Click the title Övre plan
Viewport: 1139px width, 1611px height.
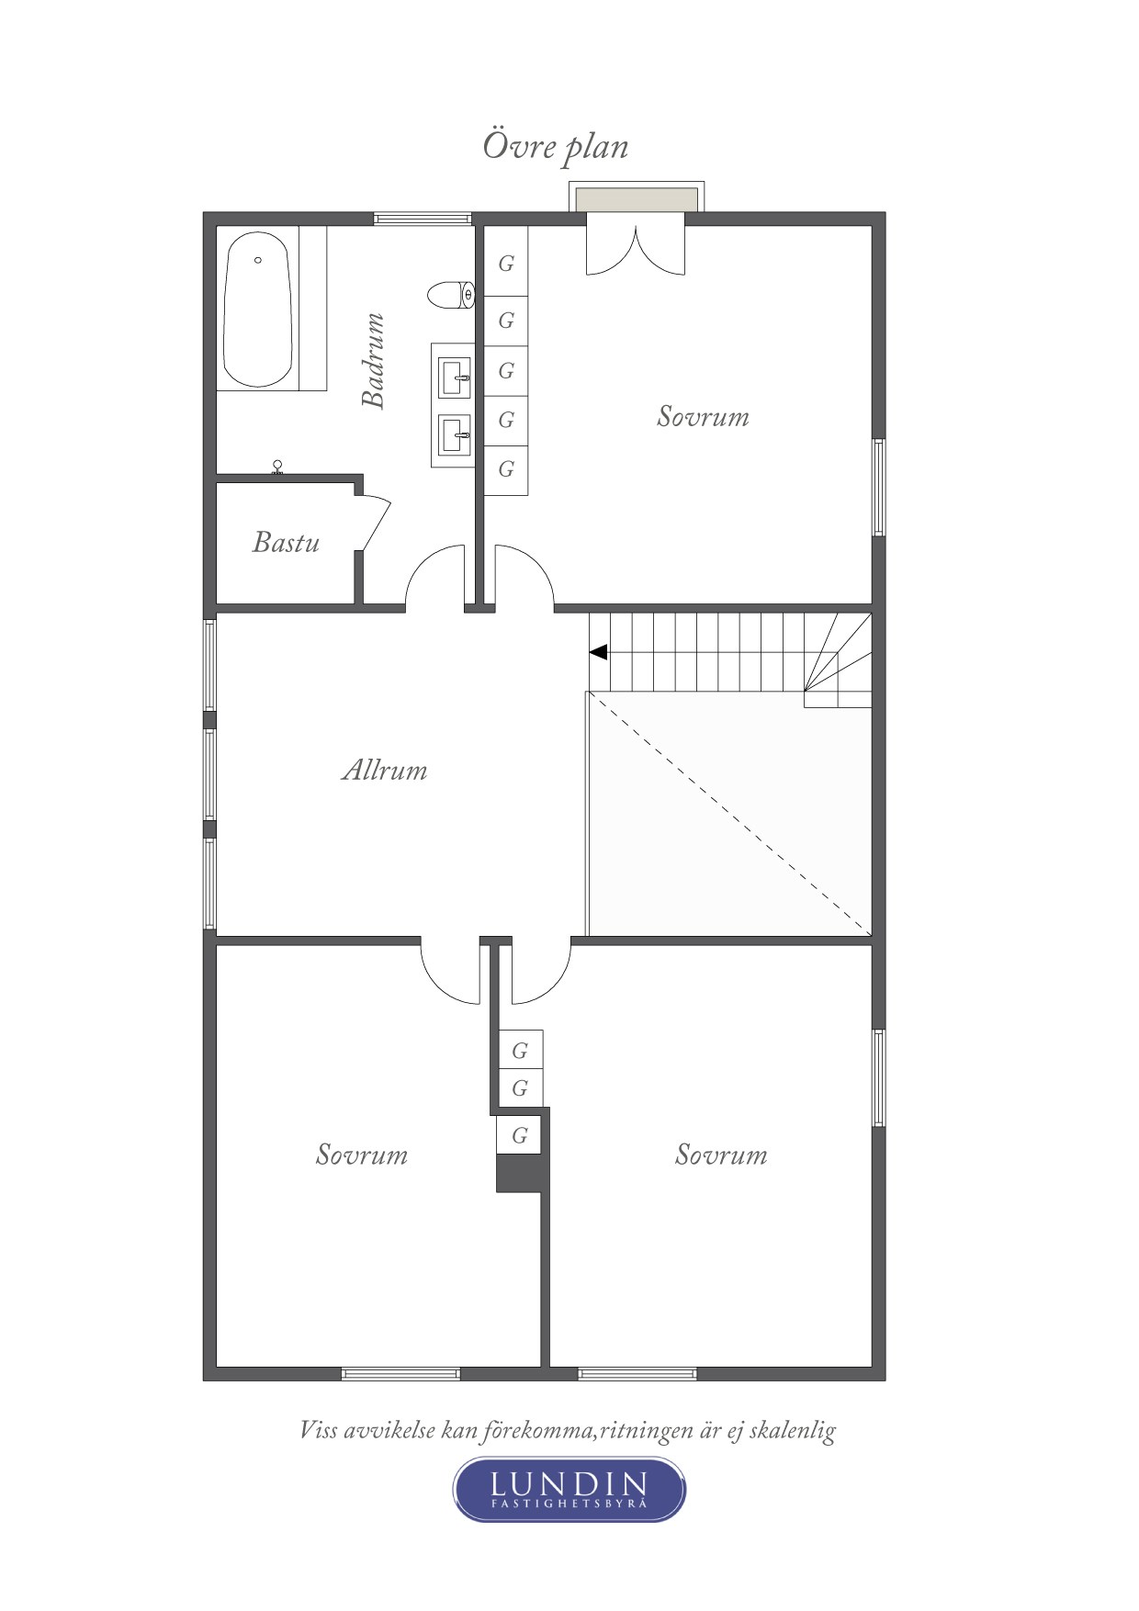pos(556,147)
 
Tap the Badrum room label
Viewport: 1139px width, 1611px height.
pos(373,360)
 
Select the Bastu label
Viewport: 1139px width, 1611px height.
pos(286,542)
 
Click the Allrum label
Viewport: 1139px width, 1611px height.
pos(385,769)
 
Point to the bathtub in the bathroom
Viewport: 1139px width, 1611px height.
pos(258,310)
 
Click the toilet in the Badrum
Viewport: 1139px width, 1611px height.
pos(452,295)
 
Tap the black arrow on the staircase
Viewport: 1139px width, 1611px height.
pos(598,652)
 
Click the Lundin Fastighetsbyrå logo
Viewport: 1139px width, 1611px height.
pos(569,1490)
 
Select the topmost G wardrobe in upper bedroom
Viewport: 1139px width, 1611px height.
pos(506,262)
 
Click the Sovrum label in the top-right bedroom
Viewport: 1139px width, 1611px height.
pos(703,416)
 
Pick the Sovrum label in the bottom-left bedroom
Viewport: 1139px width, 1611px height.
pos(362,1155)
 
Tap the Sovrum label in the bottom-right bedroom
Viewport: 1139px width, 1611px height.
pos(721,1155)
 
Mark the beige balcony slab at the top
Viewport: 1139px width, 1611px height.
pos(636,199)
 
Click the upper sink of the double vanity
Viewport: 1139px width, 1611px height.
pos(456,378)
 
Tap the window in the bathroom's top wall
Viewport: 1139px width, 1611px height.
pos(423,219)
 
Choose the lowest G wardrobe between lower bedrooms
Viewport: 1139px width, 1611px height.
pos(520,1135)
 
